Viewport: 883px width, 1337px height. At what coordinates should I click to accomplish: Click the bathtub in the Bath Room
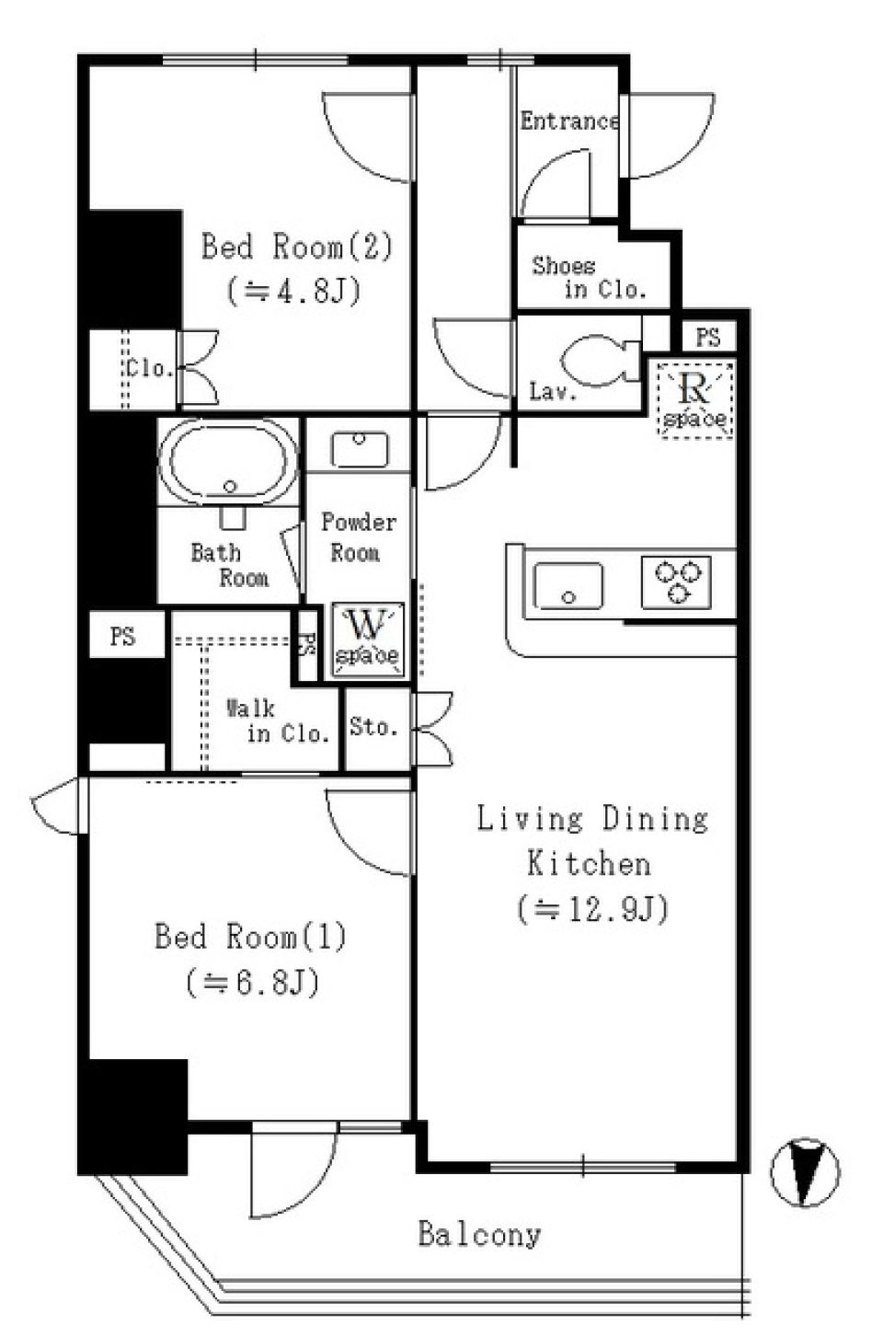(x=228, y=462)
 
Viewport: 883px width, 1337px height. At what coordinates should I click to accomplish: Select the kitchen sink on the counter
(x=568, y=585)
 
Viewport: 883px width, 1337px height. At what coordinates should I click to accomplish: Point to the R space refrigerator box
(x=695, y=400)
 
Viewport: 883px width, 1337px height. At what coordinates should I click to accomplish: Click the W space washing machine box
(x=367, y=637)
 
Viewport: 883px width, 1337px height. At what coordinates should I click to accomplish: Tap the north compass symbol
(x=805, y=1172)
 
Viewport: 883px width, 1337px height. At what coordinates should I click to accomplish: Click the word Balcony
(x=479, y=1234)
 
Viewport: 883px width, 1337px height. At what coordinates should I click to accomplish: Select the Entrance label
(x=568, y=121)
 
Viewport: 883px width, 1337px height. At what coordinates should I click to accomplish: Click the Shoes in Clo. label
(x=589, y=278)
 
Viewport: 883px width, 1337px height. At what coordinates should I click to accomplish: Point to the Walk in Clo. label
(x=277, y=720)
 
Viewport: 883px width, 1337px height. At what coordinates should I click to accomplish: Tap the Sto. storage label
(x=373, y=727)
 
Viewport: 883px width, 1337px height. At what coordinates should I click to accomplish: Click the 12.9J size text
(x=592, y=909)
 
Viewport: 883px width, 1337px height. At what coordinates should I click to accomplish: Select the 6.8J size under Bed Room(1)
(x=252, y=983)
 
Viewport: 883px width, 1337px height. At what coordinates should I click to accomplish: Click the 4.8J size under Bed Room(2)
(x=293, y=291)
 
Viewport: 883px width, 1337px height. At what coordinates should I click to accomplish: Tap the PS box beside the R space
(x=707, y=338)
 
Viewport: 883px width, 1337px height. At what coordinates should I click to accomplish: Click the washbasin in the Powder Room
(x=359, y=449)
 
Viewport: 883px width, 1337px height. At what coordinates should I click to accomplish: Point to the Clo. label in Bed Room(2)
(x=149, y=369)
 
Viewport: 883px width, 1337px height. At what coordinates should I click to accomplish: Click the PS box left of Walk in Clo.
(x=123, y=636)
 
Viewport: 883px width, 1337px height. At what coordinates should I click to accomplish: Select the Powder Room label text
(x=358, y=537)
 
